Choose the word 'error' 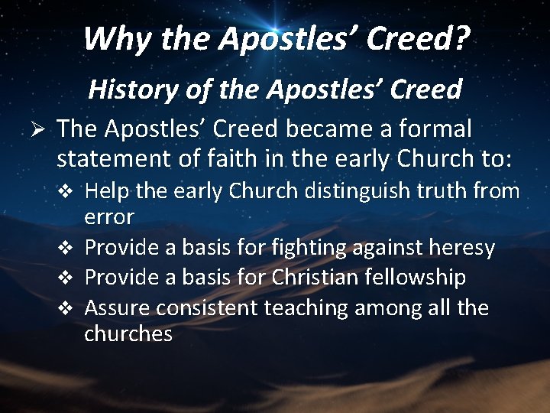pyautogui.click(x=109, y=217)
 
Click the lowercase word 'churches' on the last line pyautogui.click(x=128, y=334)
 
